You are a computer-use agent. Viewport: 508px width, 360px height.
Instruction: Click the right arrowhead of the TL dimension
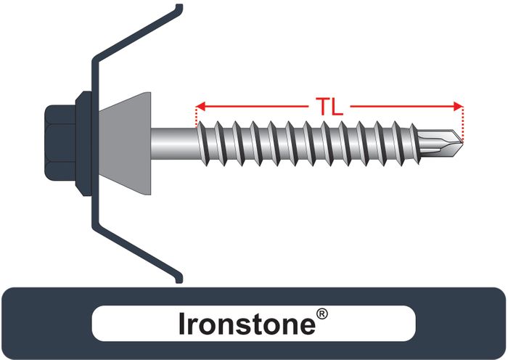pyautogui.click(x=457, y=107)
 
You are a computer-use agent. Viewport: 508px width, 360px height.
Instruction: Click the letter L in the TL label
pyautogui.click(x=339, y=107)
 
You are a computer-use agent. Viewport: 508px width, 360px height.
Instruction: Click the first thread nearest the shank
pyautogui.click(x=205, y=136)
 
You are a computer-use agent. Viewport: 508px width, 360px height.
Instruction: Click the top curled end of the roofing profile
pyautogui.click(x=177, y=9)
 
